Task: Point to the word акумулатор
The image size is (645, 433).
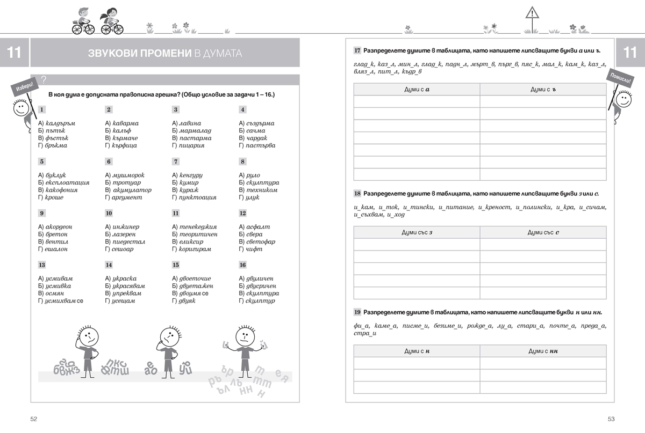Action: [132, 190]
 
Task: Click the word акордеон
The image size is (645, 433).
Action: [62, 227]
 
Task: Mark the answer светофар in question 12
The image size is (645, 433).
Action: [260, 242]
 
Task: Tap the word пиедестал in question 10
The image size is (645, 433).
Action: [129, 242]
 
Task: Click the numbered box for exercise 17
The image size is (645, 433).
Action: [357, 51]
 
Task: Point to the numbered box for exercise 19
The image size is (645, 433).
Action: [357, 312]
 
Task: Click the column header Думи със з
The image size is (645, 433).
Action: [417, 232]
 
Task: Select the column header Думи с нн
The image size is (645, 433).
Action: [543, 351]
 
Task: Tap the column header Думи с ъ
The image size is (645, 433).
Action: [543, 90]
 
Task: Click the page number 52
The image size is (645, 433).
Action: [33, 419]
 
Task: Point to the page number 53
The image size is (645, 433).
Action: [611, 419]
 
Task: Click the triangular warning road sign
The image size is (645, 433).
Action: [532, 13]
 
